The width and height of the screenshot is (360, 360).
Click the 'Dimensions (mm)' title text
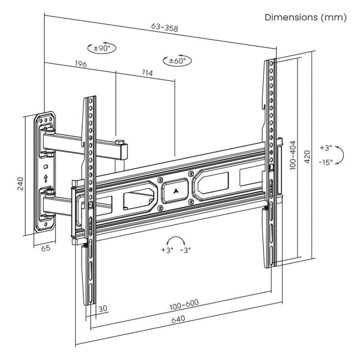(306, 17)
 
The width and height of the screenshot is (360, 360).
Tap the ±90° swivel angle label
(101, 47)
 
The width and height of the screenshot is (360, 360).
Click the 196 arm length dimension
(80, 64)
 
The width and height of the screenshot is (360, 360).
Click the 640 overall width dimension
(178, 319)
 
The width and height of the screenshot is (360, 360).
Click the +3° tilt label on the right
(325, 147)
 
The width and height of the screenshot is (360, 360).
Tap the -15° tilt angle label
(325, 162)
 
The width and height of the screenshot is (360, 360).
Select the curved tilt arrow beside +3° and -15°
(339, 155)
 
